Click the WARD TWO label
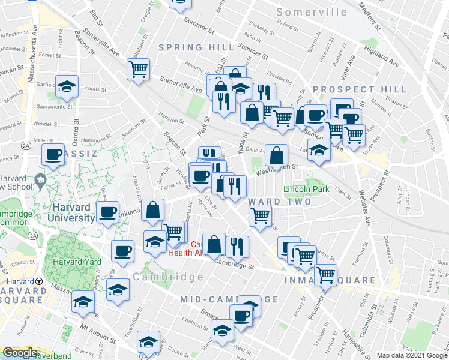[x=279, y=202]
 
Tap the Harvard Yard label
[x=71, y=262]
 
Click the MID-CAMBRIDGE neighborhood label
[x=229, y=299]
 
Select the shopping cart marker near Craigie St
[x=138, y=69]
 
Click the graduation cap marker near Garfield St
[x=67, y=86]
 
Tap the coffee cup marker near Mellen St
[x=53, y=155]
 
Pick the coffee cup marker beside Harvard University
[x=108, y=212]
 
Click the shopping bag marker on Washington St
[x=276, y=155]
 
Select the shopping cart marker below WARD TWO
[x=259, y=215]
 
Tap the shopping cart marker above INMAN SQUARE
[x=325, y=275]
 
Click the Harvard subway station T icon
[x=38, y=281]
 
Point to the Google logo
[x=20, y=353]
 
